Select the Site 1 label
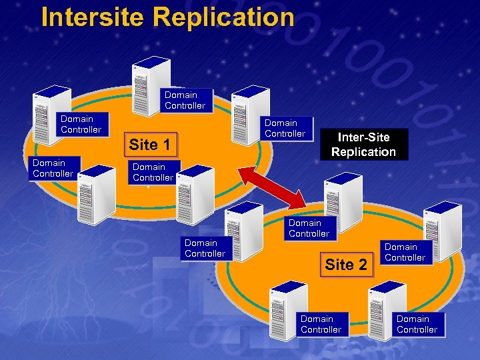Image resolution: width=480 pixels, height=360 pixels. coord(149,145)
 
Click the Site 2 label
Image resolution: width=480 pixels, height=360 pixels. coord(346,265)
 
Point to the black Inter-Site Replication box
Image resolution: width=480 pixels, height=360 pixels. coord(363,144)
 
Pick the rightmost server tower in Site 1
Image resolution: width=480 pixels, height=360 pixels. coord(247,113)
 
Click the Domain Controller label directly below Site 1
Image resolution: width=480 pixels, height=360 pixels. coord(153,172)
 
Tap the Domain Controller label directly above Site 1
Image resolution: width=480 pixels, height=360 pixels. coord(185,100)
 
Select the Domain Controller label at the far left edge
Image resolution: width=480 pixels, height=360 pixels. coord(53,168)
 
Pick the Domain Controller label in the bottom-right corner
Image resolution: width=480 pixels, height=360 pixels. coord(417,324)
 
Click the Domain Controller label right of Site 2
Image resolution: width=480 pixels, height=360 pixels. coord(405,252)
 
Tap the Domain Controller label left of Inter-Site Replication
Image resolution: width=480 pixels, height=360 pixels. coord(285,128)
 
